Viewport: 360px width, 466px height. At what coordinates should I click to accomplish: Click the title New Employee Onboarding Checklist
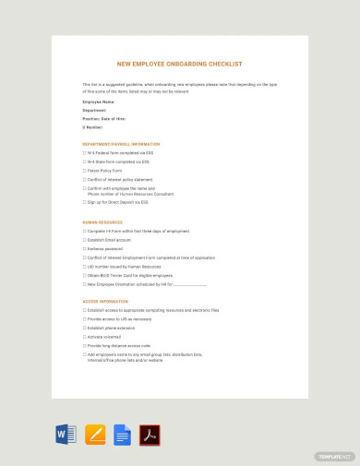180,64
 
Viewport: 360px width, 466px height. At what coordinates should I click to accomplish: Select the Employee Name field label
98,102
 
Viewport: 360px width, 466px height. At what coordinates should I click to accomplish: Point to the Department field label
95,109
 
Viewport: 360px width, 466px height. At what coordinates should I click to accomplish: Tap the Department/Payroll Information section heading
121,144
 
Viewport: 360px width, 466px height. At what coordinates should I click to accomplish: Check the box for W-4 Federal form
85,152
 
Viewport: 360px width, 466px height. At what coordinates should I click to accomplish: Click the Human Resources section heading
102,222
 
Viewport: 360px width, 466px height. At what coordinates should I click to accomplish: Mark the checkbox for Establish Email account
85,240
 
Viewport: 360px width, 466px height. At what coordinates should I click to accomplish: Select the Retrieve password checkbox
85,248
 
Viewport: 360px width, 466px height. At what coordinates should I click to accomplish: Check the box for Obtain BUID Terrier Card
85,275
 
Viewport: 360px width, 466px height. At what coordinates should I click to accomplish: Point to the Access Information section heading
106,302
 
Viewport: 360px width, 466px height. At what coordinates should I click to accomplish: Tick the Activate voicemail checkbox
85,337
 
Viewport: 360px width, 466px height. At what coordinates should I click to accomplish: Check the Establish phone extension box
85,328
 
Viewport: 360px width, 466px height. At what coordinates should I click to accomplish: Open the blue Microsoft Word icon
66,435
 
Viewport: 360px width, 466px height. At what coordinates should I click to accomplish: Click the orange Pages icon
94,435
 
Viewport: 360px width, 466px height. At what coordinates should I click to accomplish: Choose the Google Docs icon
122,435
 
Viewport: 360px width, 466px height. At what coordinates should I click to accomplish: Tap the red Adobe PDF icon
150,435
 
